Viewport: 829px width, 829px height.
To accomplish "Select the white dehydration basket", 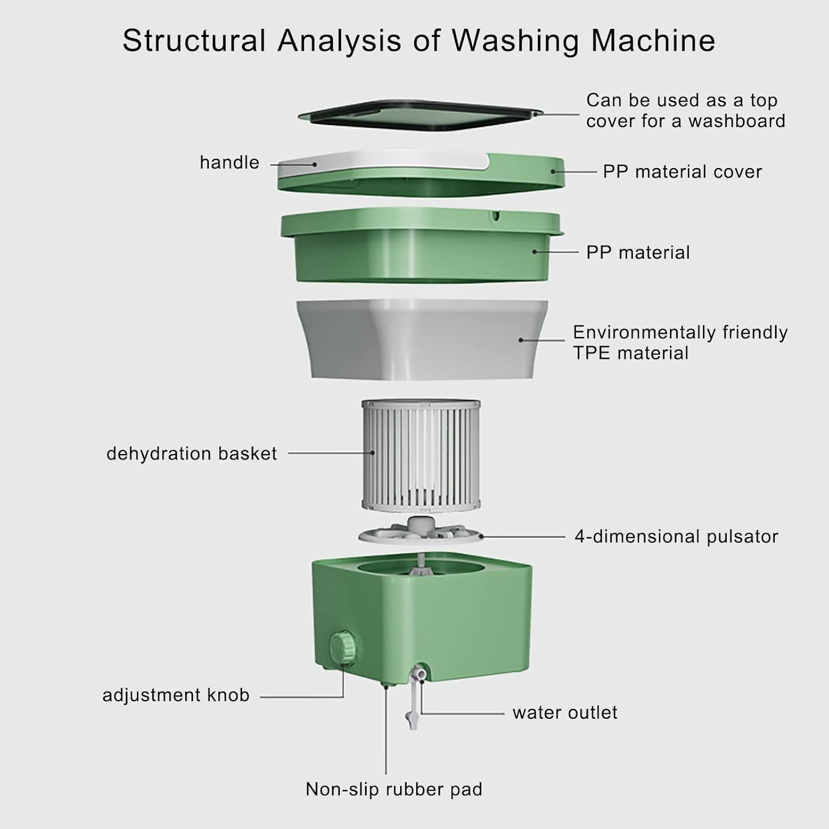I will [421, 454].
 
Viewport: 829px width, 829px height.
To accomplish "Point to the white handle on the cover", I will [381, 162].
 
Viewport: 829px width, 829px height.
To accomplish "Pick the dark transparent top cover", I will [419, 116].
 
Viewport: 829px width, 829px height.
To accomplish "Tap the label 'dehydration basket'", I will [191, 454].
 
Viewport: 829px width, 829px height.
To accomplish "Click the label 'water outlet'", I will [565, 712].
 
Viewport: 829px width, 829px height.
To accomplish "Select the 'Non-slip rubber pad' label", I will [394, 789].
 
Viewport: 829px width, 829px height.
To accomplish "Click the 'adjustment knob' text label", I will [176, 695].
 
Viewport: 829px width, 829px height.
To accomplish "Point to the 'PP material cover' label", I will [682, 172].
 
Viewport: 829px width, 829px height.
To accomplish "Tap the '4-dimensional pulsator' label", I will [676, 537].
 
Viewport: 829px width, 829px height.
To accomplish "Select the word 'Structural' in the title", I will [194, 41].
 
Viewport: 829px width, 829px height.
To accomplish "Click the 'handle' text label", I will [229, 162].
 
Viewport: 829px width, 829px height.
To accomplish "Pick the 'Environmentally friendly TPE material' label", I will [680, 343].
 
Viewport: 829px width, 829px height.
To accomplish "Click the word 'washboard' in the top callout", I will [737, 121].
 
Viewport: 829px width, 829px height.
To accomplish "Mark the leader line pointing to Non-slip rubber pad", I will [386, 730].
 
